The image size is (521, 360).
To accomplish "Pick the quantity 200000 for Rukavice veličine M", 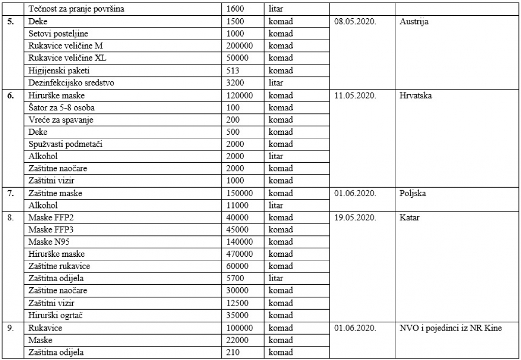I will [243, 46].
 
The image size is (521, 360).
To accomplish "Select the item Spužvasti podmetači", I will [66, 144].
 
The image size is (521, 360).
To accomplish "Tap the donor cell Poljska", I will [413, 193].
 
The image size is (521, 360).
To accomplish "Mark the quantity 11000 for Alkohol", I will [238, 205].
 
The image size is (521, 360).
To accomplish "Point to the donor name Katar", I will [410, 218].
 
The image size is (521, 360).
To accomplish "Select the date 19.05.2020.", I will [355, 218].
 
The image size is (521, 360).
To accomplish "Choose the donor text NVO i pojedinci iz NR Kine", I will [451, 328].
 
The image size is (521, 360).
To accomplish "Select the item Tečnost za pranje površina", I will [76, 9].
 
